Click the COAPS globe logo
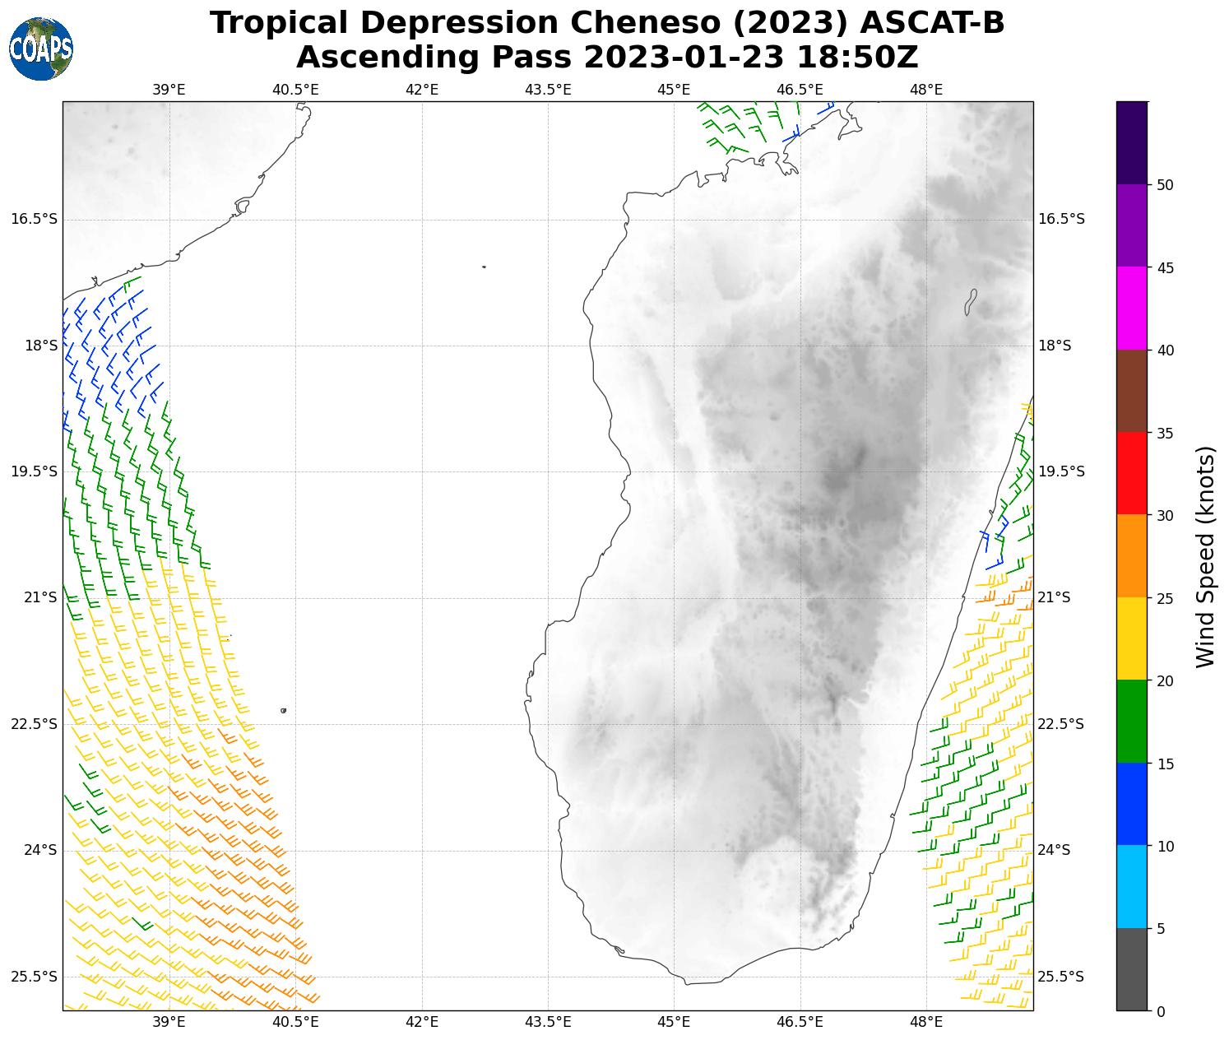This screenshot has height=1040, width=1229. coord(41,49)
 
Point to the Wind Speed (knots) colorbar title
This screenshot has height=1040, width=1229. coord(1205,556)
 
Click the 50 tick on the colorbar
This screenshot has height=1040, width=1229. coord(1164,185)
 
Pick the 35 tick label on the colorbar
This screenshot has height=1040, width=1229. coord(1164,434)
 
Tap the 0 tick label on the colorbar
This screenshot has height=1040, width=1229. coord(1160,1011)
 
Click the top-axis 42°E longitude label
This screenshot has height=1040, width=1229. coord(422,90)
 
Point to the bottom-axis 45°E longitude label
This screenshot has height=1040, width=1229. coord(674,1022)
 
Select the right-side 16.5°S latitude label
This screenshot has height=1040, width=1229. coord(1061,219)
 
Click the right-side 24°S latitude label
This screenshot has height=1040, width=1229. coord(1055,850)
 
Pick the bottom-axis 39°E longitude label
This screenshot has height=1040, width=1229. coord(169,1022)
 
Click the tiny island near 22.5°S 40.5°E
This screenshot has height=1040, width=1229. coord(283,710)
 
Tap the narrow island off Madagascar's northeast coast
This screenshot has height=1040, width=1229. coord(970,301)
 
